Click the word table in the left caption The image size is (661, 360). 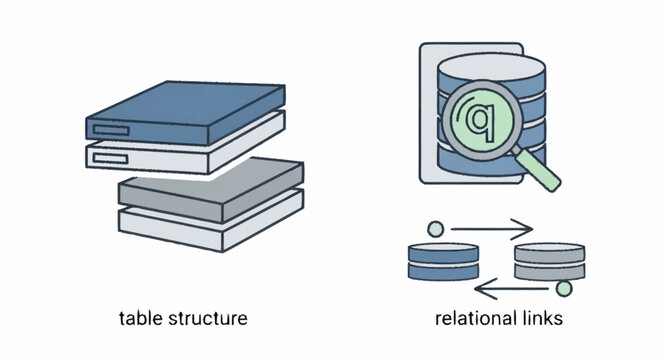click(x=140, y=319)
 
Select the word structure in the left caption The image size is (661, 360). click(x=208, y=319)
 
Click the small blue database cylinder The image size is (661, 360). click(x=440, y=259)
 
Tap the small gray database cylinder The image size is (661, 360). click(x=549, y=260)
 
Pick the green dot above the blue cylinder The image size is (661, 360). click(x=435, y=229)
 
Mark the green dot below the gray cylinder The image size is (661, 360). click(x=564, y=289)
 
